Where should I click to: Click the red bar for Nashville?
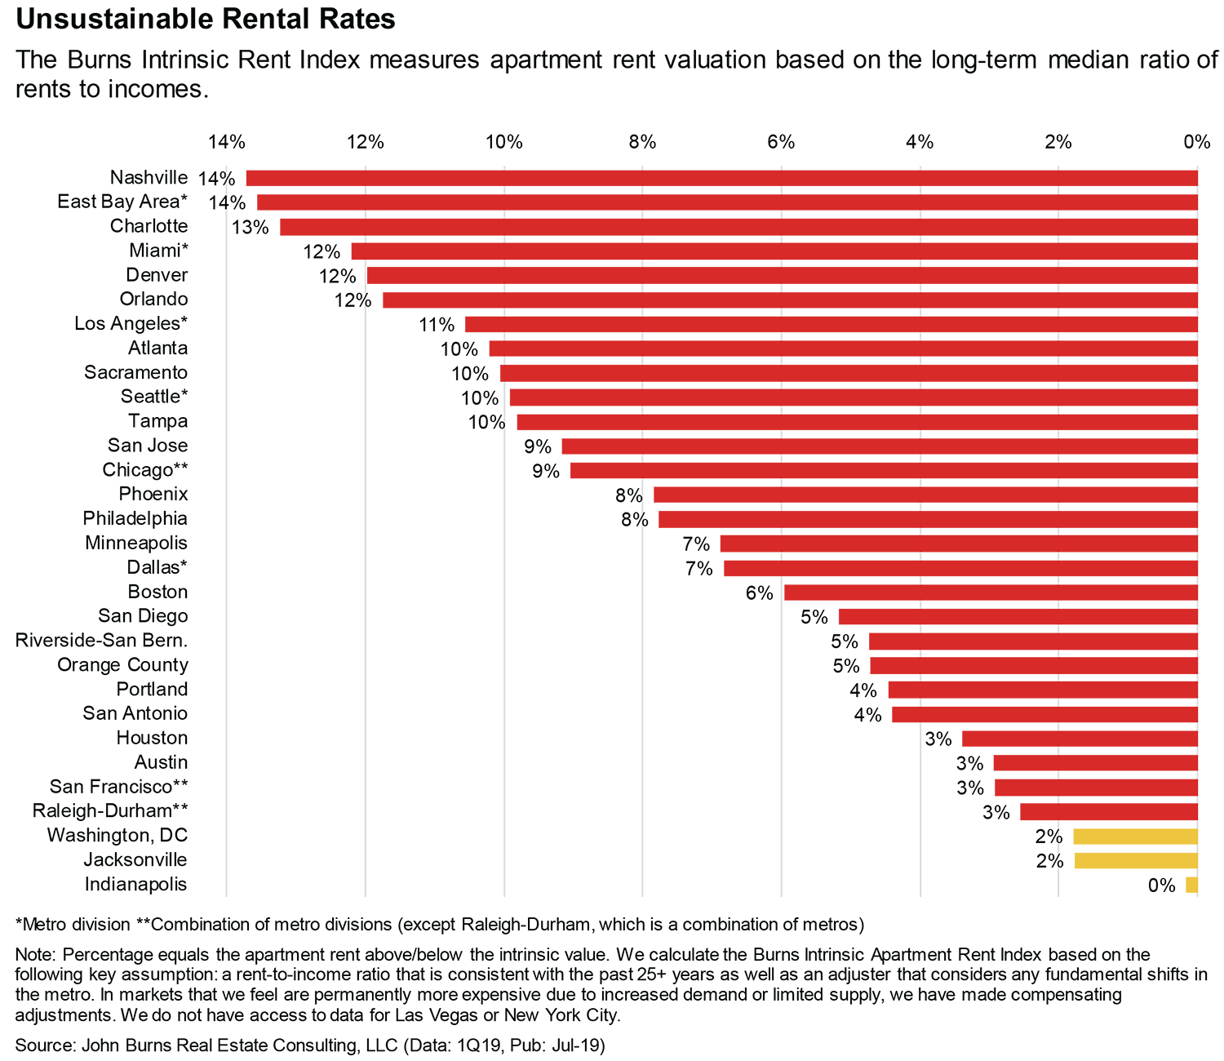point(721,178)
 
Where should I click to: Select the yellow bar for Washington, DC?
point(1135,837)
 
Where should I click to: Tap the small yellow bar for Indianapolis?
point(1191,886)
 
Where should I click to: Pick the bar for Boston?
point(991,593)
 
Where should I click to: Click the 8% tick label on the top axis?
point(642,142)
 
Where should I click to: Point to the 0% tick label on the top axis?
point(1196,142)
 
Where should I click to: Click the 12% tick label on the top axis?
point(366,142)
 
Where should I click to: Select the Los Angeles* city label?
point(131,323)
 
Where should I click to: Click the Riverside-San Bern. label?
point(101,641)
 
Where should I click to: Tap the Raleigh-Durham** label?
point(110,811)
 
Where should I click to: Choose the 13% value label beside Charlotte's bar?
point(250,227)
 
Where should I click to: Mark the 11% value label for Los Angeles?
point(437,325)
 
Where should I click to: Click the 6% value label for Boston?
point(759,593)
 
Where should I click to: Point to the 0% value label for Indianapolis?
point(1161,886)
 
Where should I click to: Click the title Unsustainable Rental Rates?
point(206,19)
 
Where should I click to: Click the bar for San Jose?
point(880,446)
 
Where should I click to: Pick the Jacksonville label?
point(135,860)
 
